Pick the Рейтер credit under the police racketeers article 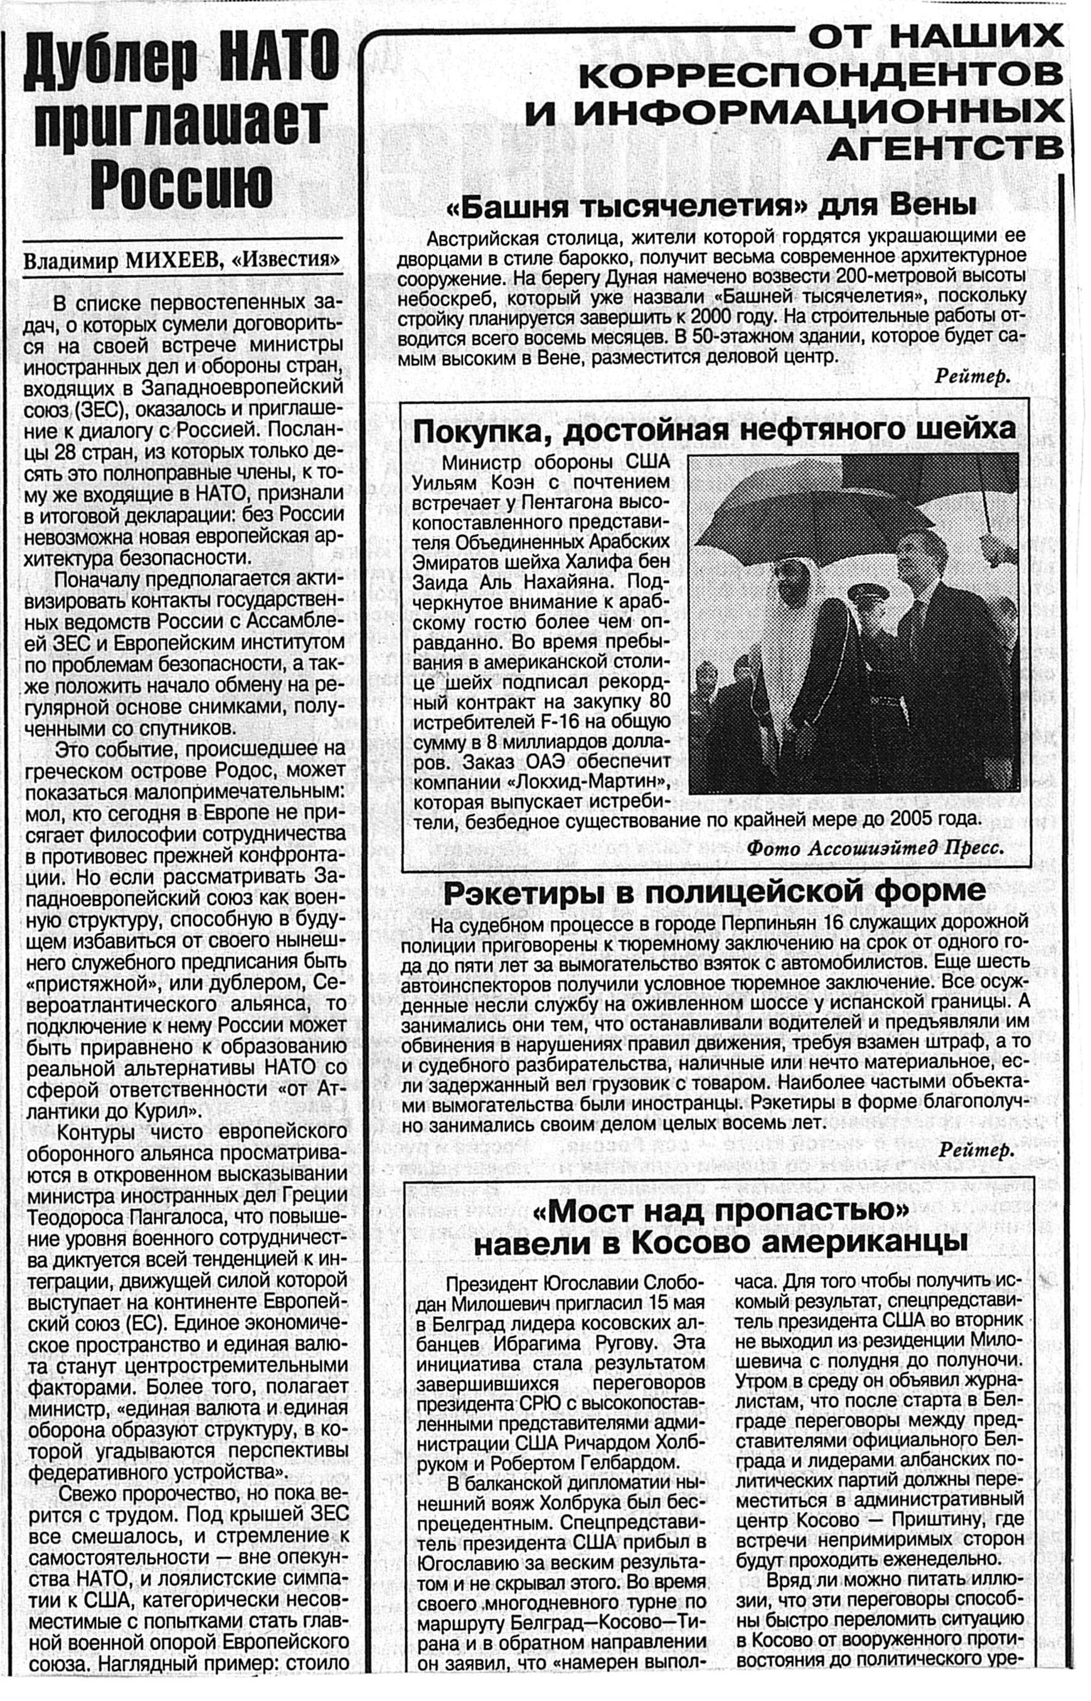click(976, 1151)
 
